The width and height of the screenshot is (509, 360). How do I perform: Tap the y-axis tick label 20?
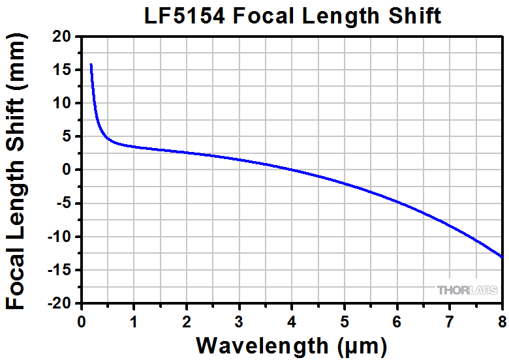pos(63,37)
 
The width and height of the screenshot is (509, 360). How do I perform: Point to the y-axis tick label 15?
pos(63,70)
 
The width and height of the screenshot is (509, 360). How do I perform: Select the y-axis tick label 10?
pos(63,104)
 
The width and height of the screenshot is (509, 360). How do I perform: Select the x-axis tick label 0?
pos(82,320)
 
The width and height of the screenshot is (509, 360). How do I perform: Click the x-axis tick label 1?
pos(134,320)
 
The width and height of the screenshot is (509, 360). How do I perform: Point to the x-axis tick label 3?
pos(239,320)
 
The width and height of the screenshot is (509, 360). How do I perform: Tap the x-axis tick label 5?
pos(345,320)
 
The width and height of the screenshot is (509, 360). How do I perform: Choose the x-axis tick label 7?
pos(450,320)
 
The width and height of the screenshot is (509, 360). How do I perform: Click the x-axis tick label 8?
pos(502,320)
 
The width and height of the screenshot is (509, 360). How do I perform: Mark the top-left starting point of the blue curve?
pos(91,65)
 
